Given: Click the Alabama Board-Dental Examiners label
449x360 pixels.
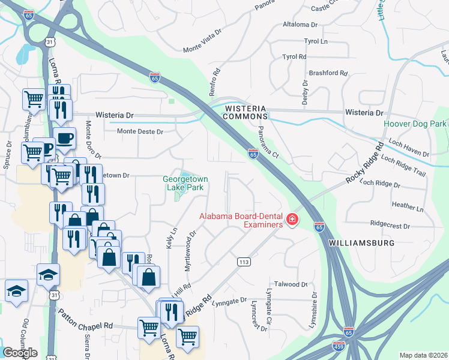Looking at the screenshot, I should pyautogui.click(x=241, y=220).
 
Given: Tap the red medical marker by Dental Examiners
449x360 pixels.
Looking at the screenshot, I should pyautogui.click(x=292, y=220).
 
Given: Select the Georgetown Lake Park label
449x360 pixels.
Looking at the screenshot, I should pyautogui.click(x=185, y=182).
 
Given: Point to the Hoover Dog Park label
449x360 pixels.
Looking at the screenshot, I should pyautogui.click(x=415, y=124).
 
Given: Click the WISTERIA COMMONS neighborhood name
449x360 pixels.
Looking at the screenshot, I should pyautogui.click(x=245, y=112).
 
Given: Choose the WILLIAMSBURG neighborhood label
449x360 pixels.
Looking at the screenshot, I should pyautogui.click(x=361, y=243).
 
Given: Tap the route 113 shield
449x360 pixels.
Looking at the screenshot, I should pyautogui.click(x=243, y=262).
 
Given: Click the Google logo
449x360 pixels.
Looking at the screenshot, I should pyautogui.click(x=20, y=353).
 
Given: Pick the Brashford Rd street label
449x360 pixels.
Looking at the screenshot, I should pyautogui.click(x=328, y=73).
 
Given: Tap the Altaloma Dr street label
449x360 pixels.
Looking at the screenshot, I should pyautogui.click(x=300, y=25).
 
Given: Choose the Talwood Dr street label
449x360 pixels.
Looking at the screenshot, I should pyautogui.click(x=291, y=284).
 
